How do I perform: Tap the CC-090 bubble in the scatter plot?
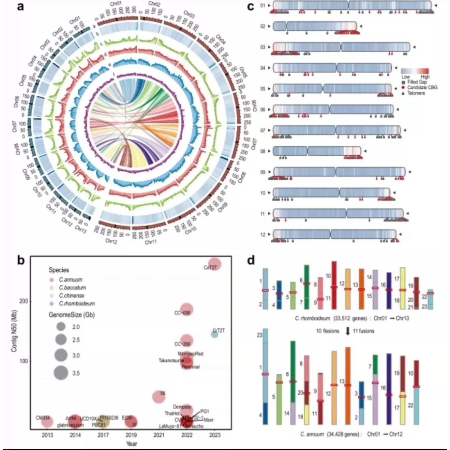[186, 309]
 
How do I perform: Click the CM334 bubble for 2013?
[48, 422]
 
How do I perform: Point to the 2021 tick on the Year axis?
[159, 435]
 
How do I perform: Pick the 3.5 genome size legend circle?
[61, 373]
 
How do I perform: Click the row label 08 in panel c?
[263, 151]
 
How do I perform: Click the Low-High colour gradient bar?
[415, 71]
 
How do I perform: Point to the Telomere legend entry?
[416, 93]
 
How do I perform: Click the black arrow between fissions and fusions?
[348, 331]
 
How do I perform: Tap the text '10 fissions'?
[328, 331]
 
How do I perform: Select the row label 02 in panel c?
[263, 26]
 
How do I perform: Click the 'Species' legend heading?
[59, 270]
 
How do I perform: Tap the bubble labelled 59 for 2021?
[159, 397]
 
